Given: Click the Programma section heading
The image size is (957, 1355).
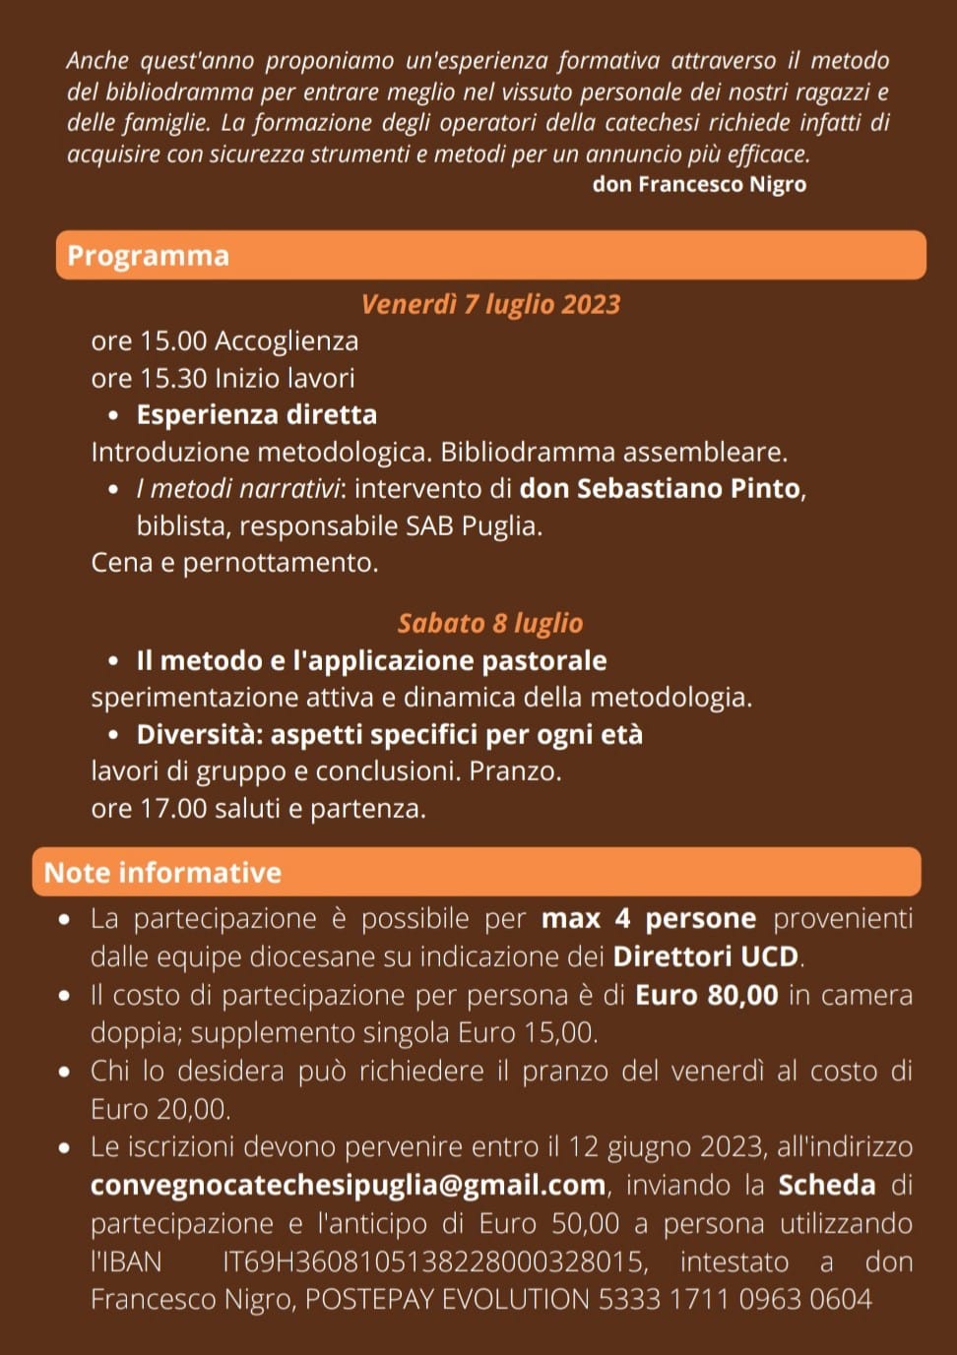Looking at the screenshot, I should pyautogui.click(x=148, y=256).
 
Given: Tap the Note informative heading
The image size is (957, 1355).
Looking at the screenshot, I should pyautogui.click(x=162, y=873).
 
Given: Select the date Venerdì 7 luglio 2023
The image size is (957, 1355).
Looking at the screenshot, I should pyautogui.click(x=490, y=304).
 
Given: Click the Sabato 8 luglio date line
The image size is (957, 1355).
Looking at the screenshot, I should pyautogui.click(x=490, y=623).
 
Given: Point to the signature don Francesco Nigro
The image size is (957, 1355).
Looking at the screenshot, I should pyautogui.click(x=699, y=184).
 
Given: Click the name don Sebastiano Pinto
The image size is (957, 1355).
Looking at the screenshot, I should pyautogui.click(x=660, y=489).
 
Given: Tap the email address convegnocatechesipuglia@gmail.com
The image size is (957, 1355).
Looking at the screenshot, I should pyautogui.click(x=348, y=1185).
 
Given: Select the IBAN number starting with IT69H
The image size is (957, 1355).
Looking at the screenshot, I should pyautogui.click(x=434, y=1262).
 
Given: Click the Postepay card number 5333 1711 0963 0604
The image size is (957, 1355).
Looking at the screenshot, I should pyautogui.click(x=734, y=1300).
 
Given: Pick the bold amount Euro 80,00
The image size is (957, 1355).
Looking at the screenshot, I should pyautogui.click(x=706, y=995).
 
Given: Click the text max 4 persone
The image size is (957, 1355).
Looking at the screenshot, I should pyautogui.click(x=649, y=919).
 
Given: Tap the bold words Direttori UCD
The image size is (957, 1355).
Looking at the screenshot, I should pyautogui.click(x=707, y=956).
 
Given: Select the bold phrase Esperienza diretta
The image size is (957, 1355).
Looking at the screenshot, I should pyautogui.click(x=256, y=415).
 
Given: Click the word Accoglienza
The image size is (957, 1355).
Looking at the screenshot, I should pyautogui.click(x=287, y=341).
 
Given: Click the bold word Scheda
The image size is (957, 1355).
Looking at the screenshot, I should pyautogui.click(x=826, y=1185).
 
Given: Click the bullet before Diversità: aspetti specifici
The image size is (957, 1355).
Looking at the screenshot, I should pyautogui.click(x=115, y=735).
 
